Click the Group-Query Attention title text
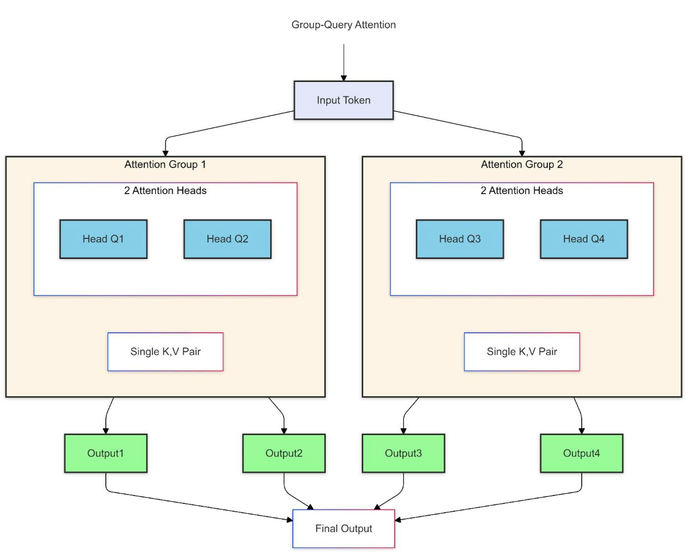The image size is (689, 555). click(x=343, y=25)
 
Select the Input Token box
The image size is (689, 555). click(x=343, y=100)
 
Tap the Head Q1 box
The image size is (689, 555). click(x=103, y=239)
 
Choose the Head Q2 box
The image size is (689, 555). click(x=227, y=239)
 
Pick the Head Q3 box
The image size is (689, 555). click(x=460, y=239)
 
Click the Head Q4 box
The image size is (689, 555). click(x=583, y=239)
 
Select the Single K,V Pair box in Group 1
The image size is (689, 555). click(x=165, y=351)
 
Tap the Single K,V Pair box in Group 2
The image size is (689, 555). click(x=522, y=351)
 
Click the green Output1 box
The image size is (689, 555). click(x=106, y=453)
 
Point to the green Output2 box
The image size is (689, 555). click(x=284, y=453)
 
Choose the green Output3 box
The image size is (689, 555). click(x=403, y=453)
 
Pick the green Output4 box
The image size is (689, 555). click(x=581, y=453)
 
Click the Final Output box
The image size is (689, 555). click(x=343, y=528)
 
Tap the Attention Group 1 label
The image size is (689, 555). click(x=165, y=164)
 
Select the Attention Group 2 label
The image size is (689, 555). click(x=522, y=164)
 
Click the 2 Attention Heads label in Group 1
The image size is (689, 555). click(x=165, y=190)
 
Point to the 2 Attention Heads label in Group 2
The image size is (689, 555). click(x=522, y=190)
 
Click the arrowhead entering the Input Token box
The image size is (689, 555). click(x=343, y=78)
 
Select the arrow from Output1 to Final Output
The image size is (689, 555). click(x=201, y=506)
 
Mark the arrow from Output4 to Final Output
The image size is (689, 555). click(x=488, y=506)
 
